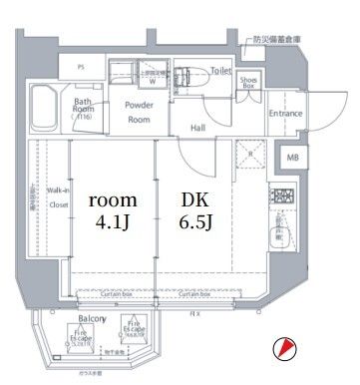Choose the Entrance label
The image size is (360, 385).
[x=286, y=113]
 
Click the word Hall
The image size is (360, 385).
[x=197, y=128]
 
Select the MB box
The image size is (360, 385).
[x=292, y=158]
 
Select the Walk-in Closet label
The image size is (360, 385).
[x=58, y=204]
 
